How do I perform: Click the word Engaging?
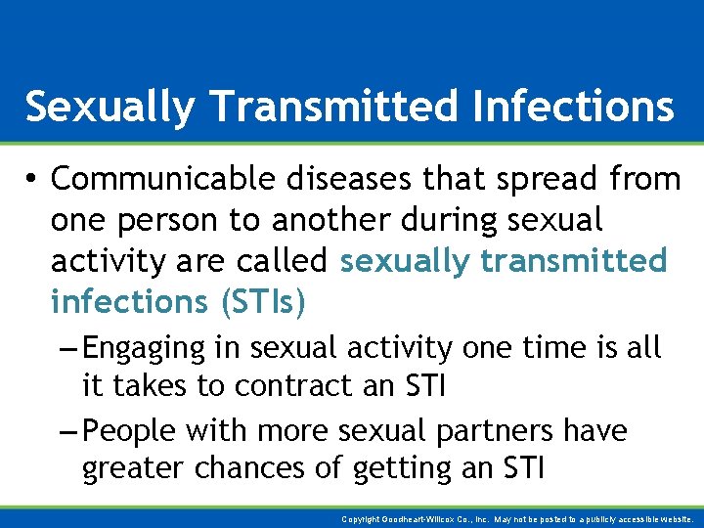tap(144, 348)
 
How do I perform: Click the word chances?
tap(260, 469)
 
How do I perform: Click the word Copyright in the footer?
tap(361, 518)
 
